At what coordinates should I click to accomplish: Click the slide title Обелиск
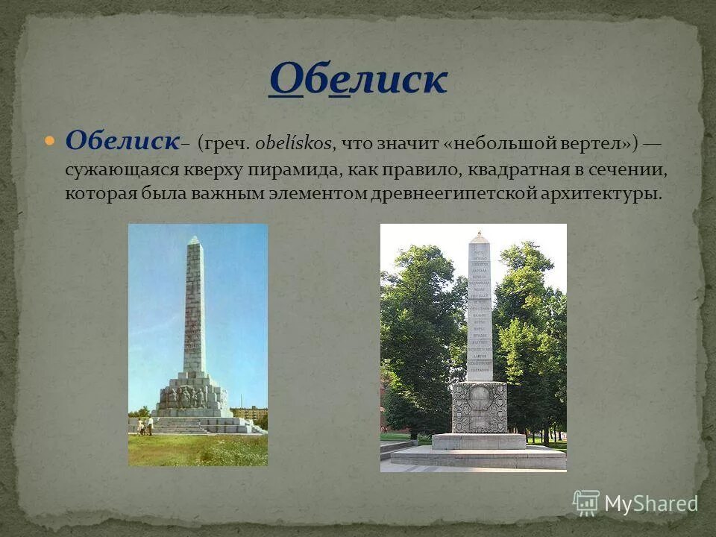(358, 79)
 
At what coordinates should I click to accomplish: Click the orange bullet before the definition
(50, 140)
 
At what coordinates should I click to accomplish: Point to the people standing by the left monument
(145, 425)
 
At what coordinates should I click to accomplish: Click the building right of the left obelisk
(250, 412)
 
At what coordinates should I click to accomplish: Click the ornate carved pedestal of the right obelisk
(479, 407)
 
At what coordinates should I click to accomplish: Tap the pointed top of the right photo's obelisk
(480, 236)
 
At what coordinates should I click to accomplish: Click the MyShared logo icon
(586, 503)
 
